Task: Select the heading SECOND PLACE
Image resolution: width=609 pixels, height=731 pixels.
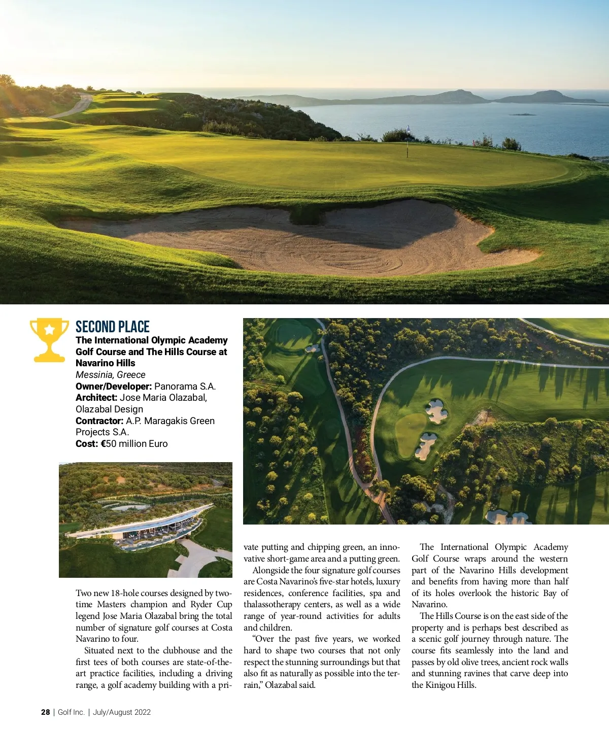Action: (x=113, y=327)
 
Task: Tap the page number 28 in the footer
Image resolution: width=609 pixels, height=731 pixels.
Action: (x=46, y=712)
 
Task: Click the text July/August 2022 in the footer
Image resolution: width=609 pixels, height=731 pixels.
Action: (x=122, y=712)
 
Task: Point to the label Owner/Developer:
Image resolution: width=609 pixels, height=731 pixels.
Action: (x=114, y=386)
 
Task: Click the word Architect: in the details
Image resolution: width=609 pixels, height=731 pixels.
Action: (x=96, y=398)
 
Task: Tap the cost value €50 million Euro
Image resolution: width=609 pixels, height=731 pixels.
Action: (x=134, y=444)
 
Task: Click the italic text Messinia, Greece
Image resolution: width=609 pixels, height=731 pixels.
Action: (x=111, y=375)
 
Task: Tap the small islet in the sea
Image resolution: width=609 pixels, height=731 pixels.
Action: (x=523, y=115)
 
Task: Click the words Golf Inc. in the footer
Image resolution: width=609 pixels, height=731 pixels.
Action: (x=71, y=712)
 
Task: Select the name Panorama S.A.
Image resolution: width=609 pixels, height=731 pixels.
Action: (x=185, y=386)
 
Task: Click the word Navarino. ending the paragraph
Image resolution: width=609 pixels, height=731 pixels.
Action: (x=429, y=605)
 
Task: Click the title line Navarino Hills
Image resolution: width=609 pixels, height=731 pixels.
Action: (x=106, y=363)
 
